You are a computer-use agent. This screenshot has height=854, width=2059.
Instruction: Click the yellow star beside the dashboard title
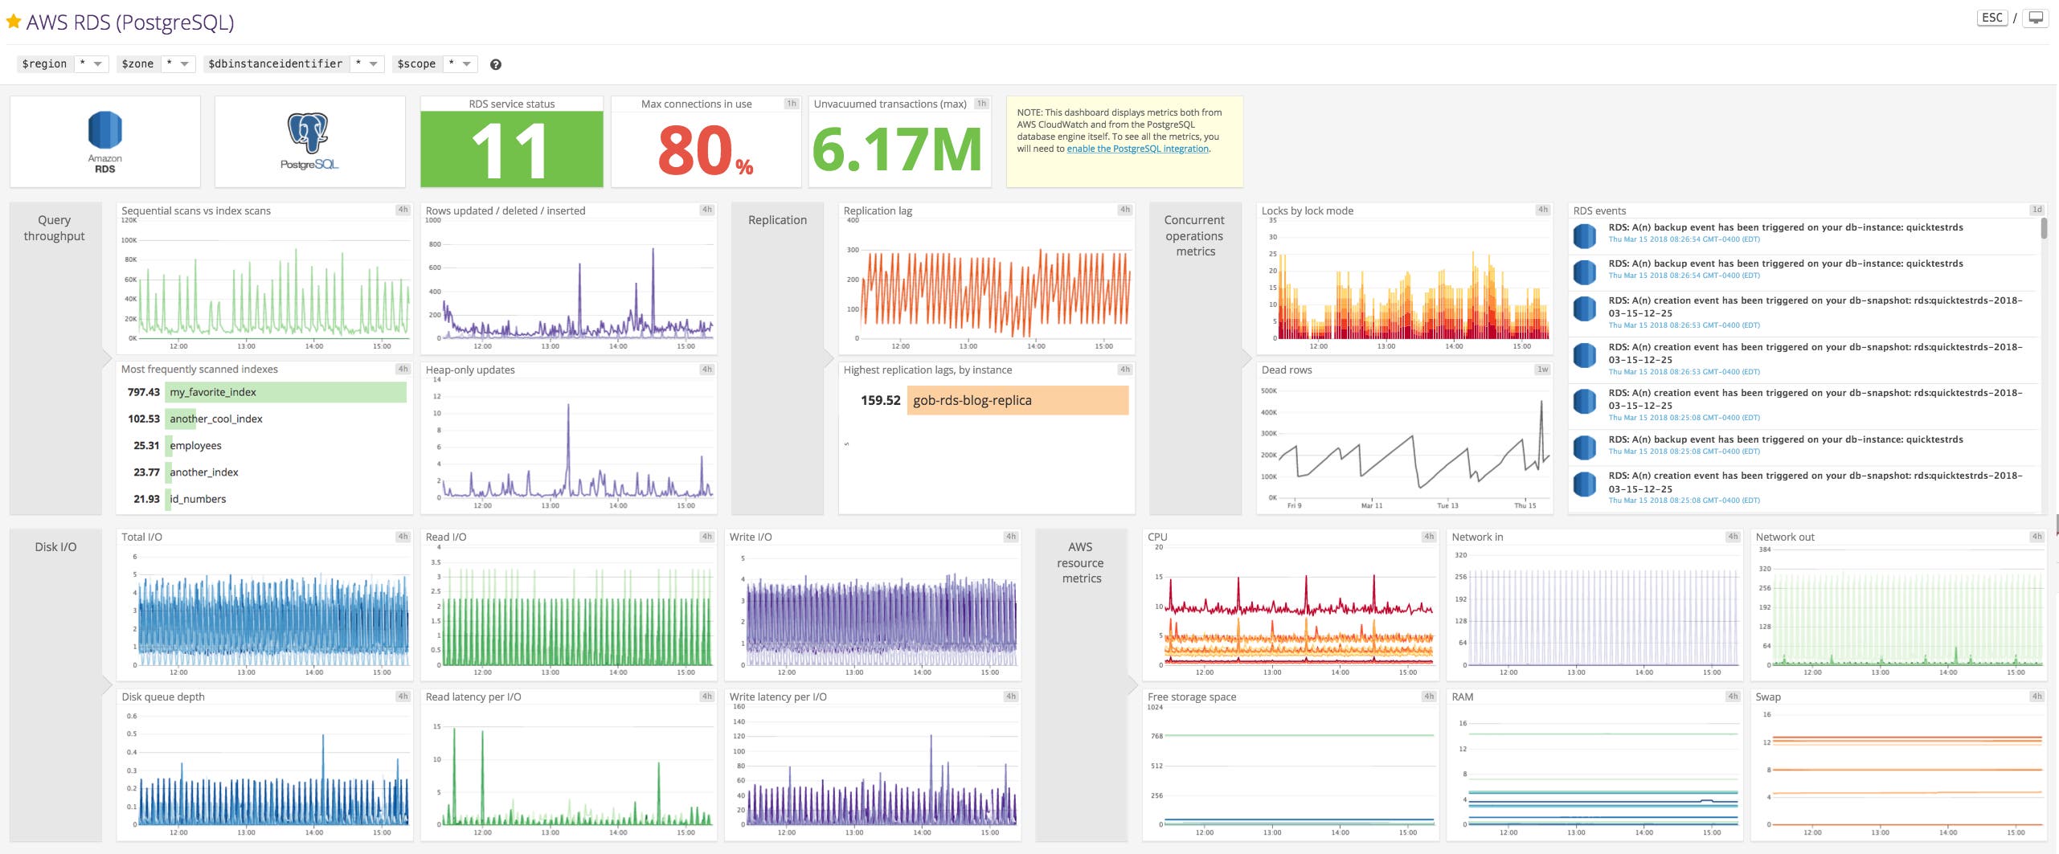point(13,22)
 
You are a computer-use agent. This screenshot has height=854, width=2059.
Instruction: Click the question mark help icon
point(496,65)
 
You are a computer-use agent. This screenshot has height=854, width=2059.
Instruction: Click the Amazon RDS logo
point(104,141)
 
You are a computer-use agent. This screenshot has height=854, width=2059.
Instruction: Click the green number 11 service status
point(511,150)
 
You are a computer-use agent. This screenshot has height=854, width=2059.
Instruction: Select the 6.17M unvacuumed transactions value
point(898,150)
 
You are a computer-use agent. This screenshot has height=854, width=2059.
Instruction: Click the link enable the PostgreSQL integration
point(1137,149)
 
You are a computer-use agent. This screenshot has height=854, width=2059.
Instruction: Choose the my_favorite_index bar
point(285,392)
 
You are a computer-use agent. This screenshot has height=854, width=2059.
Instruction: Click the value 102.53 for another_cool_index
point(144,419)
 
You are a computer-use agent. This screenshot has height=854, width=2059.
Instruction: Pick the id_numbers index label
point(198,499)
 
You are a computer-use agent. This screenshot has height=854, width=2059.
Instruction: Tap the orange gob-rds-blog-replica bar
point(1017,400)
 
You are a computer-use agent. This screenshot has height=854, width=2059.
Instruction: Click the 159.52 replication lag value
point(880,400)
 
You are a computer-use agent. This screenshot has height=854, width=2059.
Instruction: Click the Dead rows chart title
point(1286,370)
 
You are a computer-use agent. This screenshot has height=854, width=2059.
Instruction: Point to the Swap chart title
point(1767,697)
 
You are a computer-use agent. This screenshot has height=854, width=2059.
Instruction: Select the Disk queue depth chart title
point(163,697)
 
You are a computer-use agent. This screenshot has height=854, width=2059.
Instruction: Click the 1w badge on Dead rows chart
point(1542,370)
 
